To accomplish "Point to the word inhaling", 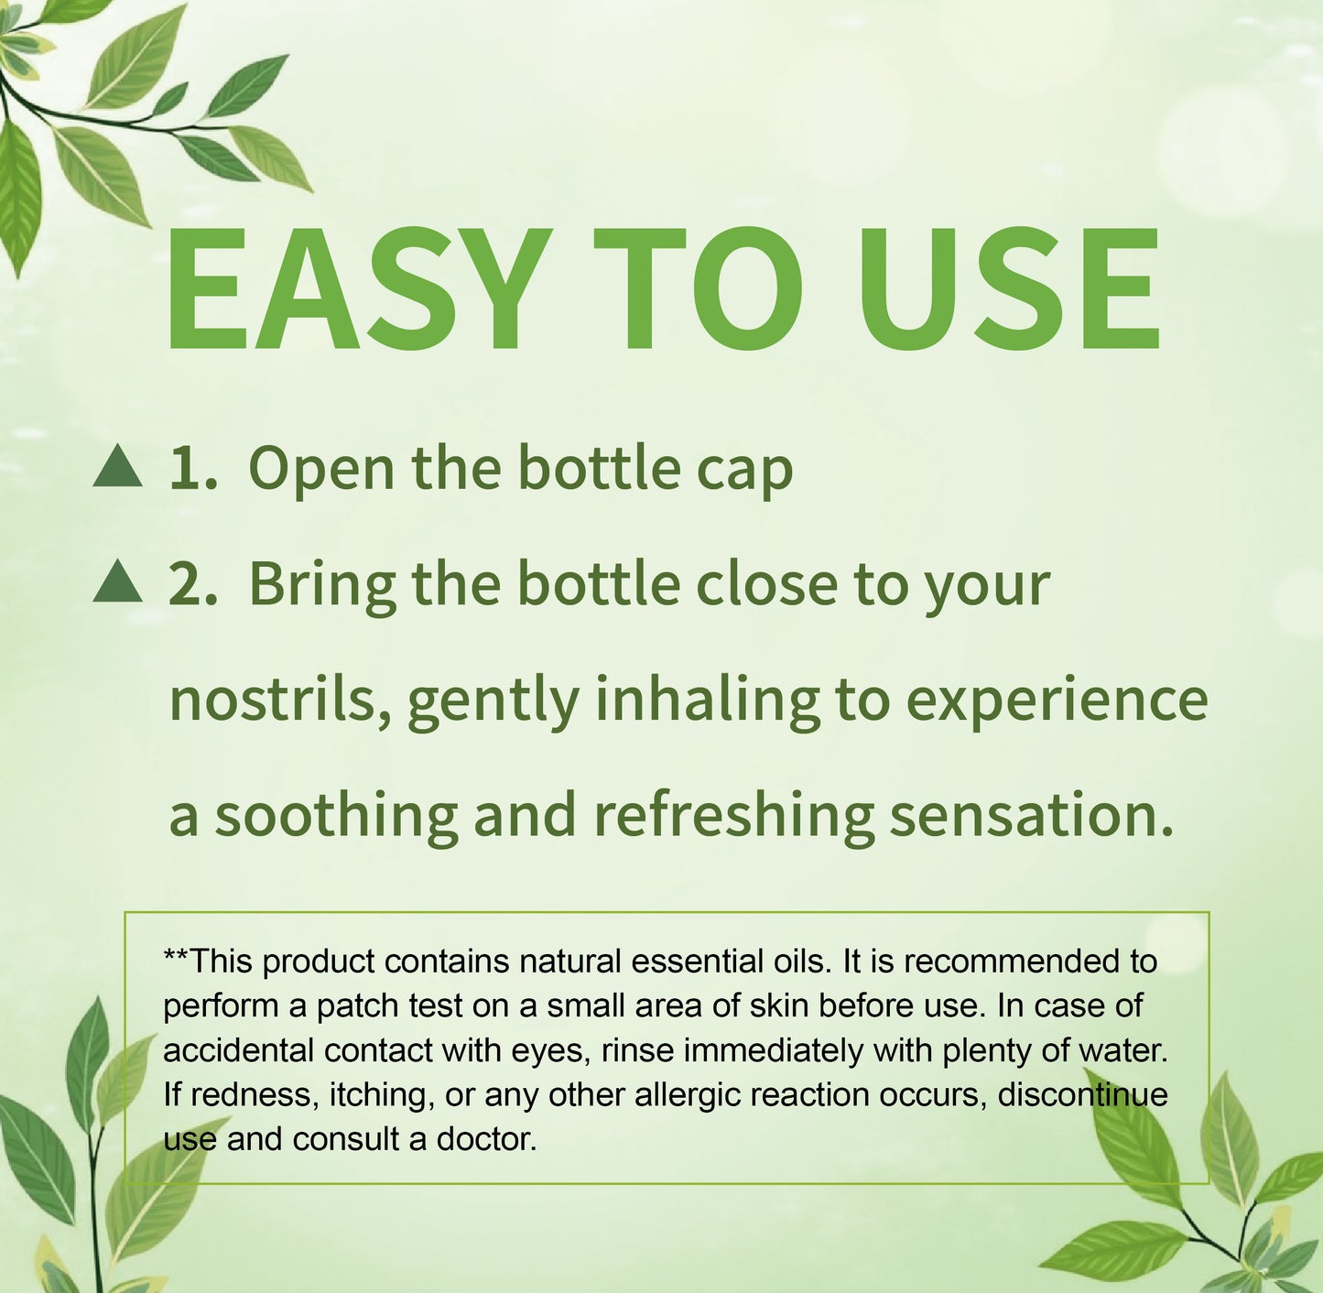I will (707, 701).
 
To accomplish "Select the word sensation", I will (1030, 815).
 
